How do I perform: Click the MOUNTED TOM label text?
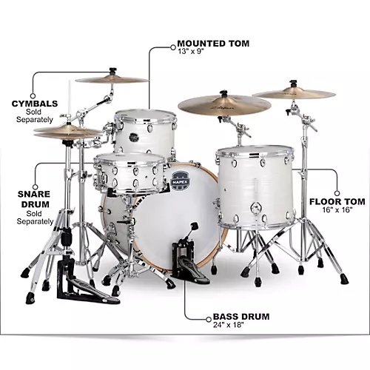point(212,44)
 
